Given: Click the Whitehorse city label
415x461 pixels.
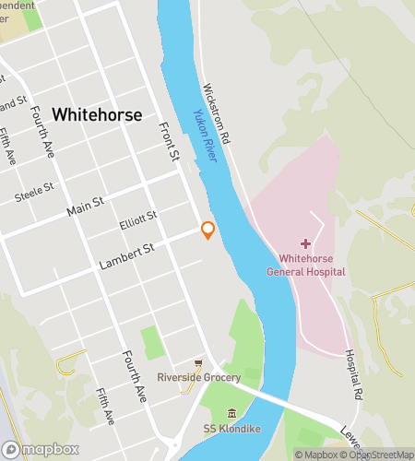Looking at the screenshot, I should pos(97,115).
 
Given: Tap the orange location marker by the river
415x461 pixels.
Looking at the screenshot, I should pos(208,230).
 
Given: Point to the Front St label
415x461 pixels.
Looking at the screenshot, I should pos(168,143).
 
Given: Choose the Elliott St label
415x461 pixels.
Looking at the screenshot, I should pos(139,221).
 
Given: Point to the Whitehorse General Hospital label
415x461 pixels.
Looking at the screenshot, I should pos(306,266).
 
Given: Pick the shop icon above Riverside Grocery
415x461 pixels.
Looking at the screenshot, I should pos(197,363).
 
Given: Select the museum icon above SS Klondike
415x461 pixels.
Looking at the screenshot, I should pos(230,413).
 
